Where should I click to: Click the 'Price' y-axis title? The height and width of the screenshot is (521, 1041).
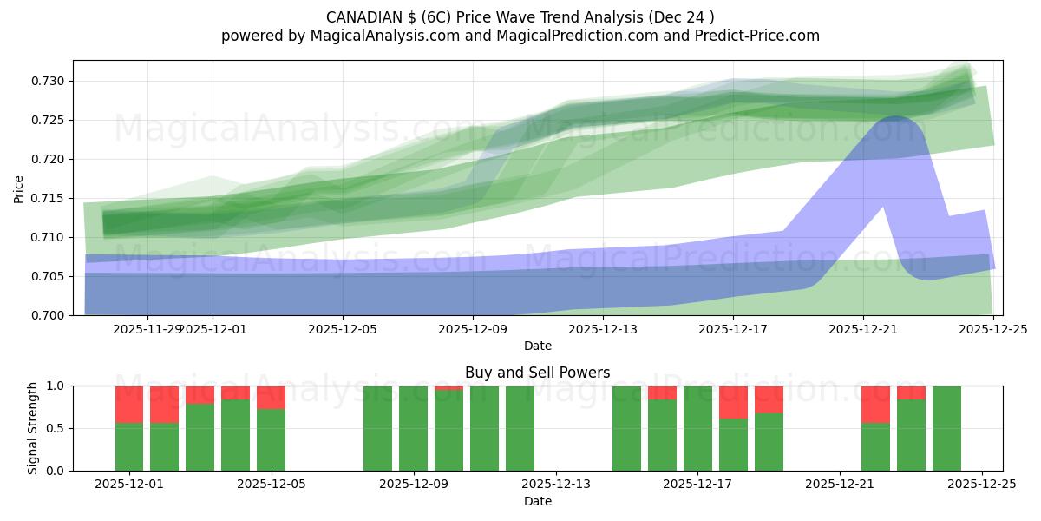[19, 188]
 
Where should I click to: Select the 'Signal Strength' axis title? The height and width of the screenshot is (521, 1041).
[33, 428]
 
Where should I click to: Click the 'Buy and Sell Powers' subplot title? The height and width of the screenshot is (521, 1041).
[537, 373]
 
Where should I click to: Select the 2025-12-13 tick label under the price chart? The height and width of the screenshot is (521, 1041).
[603, 329]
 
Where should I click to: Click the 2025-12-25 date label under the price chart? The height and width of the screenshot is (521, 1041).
[992, 329]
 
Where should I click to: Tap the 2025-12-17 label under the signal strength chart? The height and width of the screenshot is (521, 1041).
[697, 485]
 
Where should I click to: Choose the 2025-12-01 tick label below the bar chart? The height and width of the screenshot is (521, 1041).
[129, 485]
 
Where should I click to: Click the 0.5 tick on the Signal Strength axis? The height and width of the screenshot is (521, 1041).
[56, 428]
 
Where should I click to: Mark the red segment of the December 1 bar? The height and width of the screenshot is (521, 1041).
[129, 404]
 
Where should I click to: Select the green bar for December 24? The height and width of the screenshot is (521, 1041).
[946, 428]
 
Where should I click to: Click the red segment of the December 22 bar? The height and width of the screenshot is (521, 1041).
[875, 404]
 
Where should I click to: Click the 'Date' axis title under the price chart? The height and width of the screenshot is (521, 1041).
[537, 346]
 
